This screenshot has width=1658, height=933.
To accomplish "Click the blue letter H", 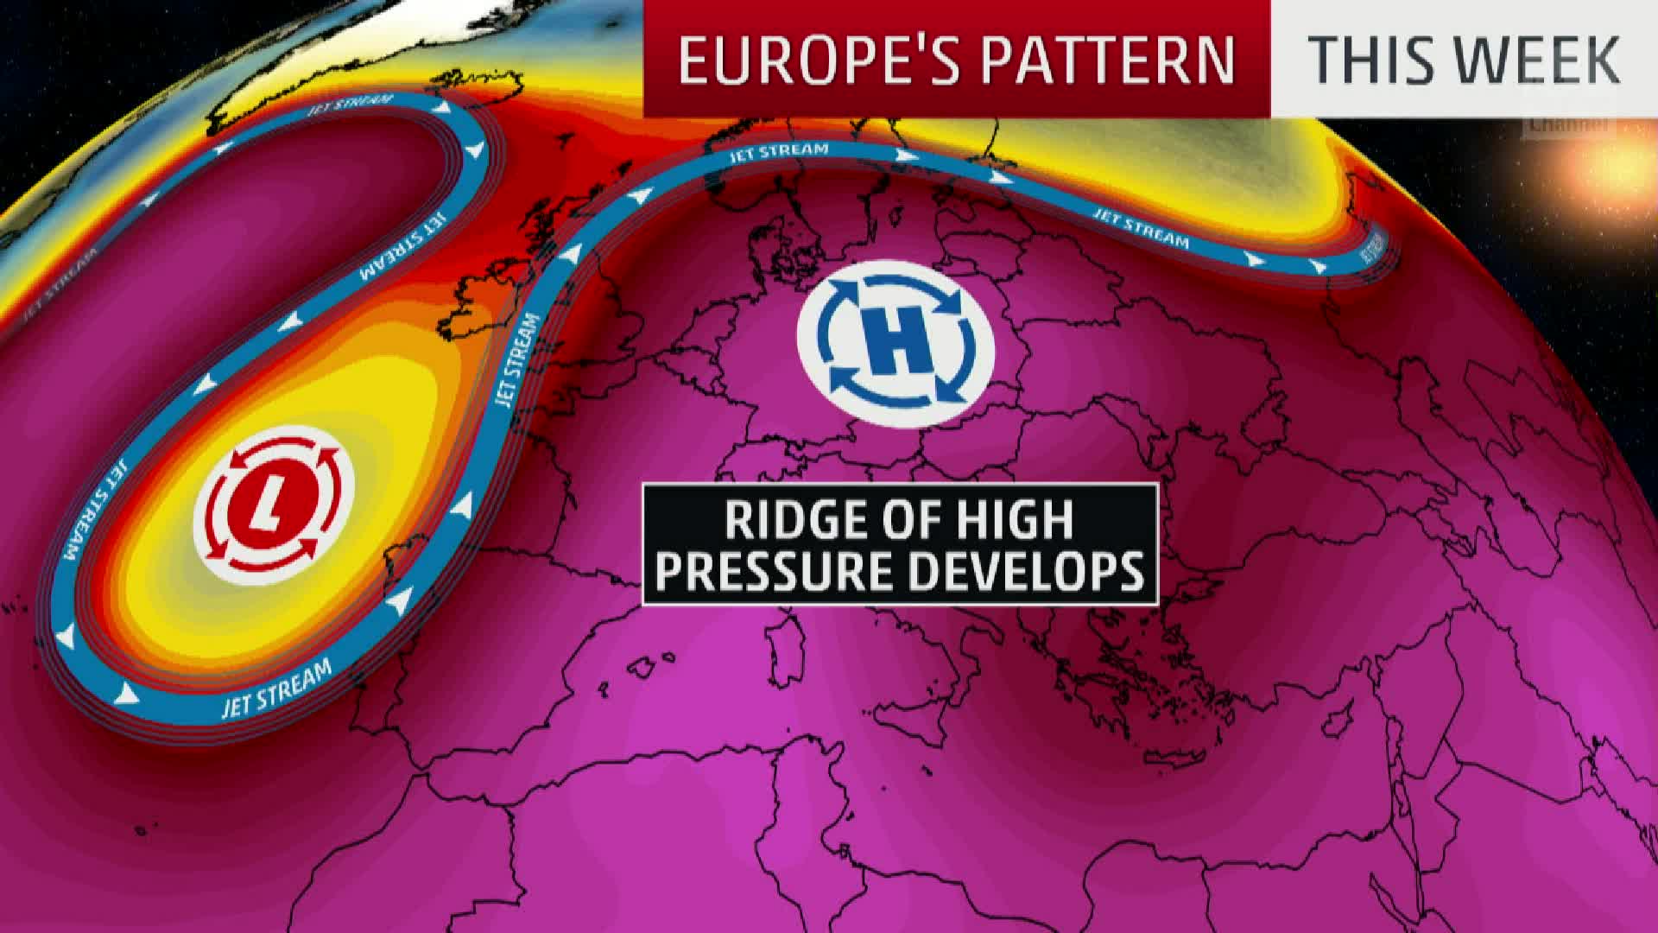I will pos(896,351).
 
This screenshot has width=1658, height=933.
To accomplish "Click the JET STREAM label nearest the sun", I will pos(1370,248).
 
